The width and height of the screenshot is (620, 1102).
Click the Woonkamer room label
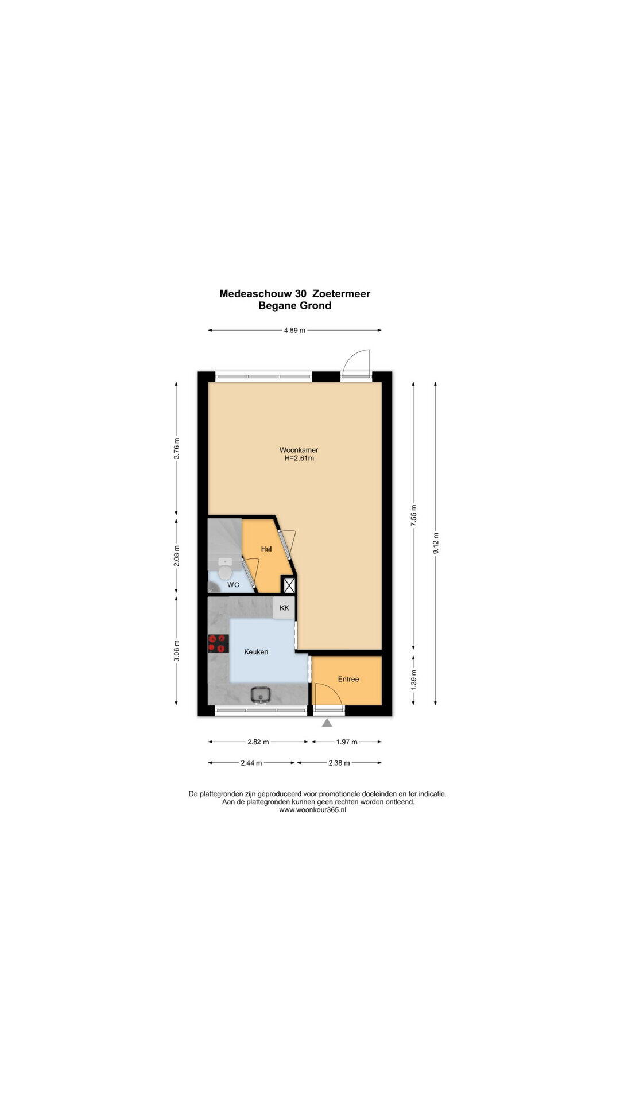(299, 449)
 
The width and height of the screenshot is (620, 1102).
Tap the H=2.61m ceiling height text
(299, 459)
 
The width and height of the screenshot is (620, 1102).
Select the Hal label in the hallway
(266, 549)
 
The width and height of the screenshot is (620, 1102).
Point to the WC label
(233, 585)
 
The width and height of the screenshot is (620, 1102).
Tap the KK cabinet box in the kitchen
(284, 608)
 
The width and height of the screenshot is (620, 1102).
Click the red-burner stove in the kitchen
(218, 643)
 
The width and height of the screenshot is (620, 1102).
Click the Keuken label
(256, 652)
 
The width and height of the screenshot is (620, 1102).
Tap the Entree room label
(348, 679)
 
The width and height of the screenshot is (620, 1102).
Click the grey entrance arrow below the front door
(327, 723)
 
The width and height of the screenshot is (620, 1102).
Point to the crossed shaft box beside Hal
(289, 585)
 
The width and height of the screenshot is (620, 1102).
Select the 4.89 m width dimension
(294, 330)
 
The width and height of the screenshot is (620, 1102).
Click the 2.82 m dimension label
(258, 742)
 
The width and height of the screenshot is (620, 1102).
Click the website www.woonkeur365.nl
(313, 810)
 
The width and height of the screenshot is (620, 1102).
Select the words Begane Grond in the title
(294, 306)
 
